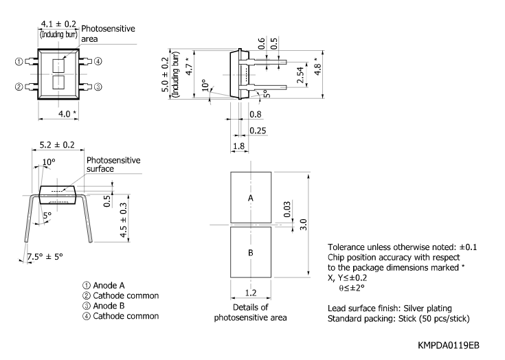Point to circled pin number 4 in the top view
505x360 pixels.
click(98, 62)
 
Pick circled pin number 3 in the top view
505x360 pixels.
click(98, 87)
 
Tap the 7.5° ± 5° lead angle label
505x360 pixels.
click(45, 256)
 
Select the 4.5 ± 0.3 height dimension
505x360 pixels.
click(124, 220)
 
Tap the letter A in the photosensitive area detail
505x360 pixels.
click(250, 197)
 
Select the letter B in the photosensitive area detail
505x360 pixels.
click(250, 252)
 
